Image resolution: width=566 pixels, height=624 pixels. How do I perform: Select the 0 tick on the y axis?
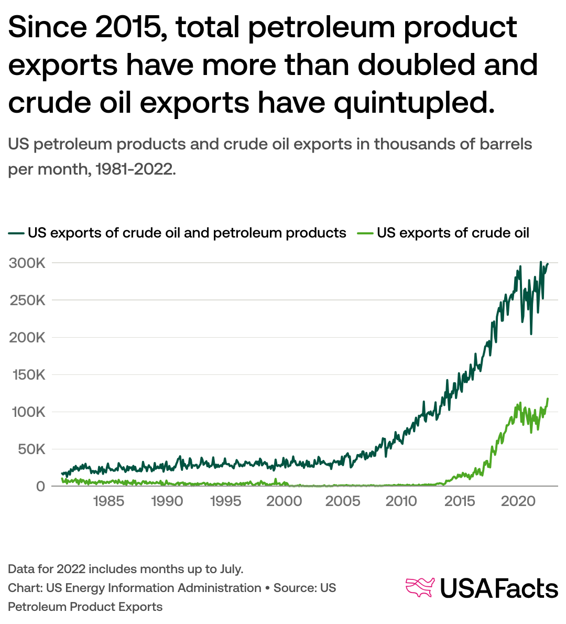40,487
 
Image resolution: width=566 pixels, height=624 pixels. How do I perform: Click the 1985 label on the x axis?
108,501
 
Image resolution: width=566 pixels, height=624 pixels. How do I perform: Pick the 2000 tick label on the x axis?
284,501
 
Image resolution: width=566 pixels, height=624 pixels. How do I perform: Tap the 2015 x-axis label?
460,501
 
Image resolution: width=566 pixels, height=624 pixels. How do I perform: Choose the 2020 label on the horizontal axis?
518,501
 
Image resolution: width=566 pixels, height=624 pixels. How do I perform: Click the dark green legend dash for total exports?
16,233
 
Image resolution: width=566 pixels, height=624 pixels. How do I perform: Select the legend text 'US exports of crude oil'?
453,233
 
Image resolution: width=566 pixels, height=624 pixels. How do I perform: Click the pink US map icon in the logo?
420,587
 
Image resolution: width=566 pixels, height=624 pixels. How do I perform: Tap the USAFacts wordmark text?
498,588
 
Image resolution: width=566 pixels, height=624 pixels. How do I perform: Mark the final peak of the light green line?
548,399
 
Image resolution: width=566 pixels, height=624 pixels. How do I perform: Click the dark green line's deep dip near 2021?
531,333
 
